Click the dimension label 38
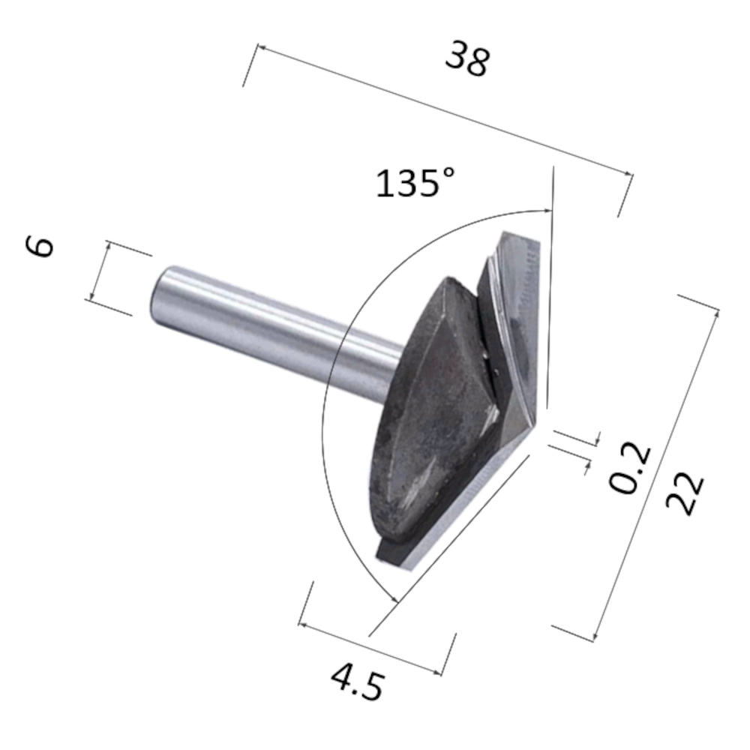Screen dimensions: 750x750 tap(466, 58)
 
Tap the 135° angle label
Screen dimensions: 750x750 tap(415, 182)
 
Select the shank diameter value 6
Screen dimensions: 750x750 tap(42, 246)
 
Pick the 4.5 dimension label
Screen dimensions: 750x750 tap(358, 680)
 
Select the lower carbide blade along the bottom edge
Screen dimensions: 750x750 tap(457, 510)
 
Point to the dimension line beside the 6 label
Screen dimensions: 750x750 tap(100, 271)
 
